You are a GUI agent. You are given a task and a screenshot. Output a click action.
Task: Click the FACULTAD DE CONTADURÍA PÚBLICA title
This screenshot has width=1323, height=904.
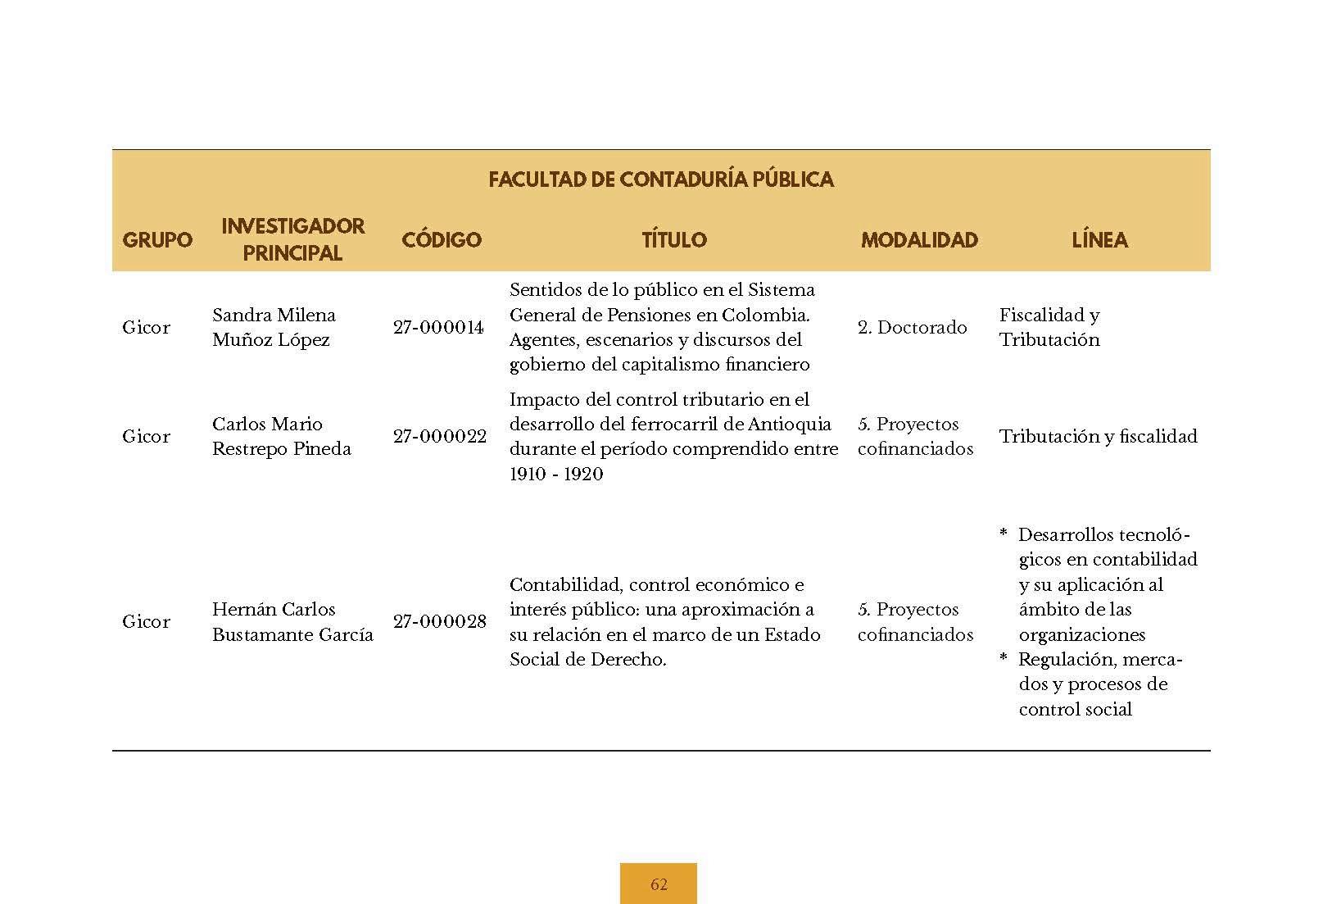660,179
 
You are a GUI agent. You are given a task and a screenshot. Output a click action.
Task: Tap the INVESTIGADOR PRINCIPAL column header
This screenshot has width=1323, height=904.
292,239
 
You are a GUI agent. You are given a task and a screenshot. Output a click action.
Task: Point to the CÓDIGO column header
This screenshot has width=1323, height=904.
441,240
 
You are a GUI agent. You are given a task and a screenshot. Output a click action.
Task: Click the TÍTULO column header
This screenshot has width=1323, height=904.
673,240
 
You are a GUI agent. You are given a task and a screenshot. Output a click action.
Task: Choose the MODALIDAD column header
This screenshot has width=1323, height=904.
919,240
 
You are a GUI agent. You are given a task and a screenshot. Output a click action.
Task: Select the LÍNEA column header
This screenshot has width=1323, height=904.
1099,240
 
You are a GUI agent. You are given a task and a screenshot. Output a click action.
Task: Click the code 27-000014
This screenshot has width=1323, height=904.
438,328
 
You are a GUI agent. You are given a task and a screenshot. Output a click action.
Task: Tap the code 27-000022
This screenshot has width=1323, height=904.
439,437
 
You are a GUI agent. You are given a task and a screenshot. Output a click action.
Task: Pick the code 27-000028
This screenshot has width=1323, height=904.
439,622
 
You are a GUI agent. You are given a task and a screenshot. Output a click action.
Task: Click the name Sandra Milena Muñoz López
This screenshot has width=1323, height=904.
274,327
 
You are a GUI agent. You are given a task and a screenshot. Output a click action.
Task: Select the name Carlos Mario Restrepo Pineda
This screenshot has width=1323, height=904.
281,436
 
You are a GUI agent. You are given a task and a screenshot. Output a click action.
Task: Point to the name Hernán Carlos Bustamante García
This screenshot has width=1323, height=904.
292,622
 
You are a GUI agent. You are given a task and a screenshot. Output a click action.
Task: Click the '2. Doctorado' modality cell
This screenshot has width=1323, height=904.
912,328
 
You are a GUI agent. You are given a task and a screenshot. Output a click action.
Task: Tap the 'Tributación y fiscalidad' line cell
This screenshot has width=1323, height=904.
1098,437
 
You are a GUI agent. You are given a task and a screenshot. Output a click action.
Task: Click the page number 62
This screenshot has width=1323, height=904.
659,884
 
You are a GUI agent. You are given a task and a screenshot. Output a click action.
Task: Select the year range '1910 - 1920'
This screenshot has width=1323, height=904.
556,475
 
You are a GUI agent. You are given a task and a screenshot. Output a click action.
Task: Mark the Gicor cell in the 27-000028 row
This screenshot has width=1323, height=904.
146,622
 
